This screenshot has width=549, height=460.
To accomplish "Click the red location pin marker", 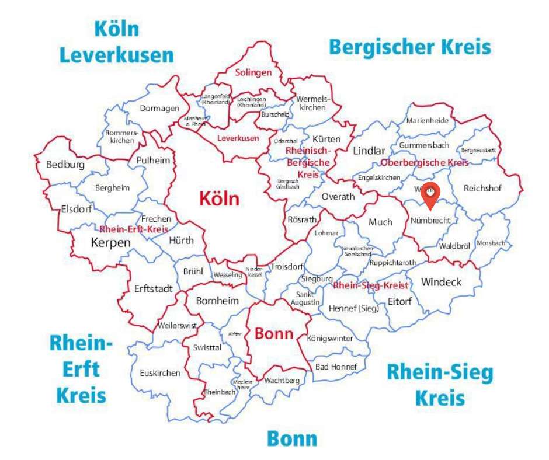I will (x=430, y=194).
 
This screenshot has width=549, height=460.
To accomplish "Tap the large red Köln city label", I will (x=219, y=199).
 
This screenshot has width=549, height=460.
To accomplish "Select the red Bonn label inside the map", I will (x=274, y=334).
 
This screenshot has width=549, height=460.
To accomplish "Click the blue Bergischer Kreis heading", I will (x=409, y=46).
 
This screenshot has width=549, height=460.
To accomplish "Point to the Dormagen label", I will (x=159, y=108).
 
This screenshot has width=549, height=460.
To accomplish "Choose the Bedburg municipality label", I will (x=65, y=165).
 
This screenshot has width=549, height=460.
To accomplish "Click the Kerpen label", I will (x=110, y=242).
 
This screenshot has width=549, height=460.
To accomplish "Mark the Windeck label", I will (x=441, y=282).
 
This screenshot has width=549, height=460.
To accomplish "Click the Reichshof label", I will (x=483, y=188).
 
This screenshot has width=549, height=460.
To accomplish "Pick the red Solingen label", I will (x=253, y=73).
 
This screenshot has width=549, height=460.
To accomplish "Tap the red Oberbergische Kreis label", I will (x=424, y=162).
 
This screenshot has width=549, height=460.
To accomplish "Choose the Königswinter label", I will (x=330, y=339).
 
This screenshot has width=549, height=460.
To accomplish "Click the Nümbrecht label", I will (x=431, y=221).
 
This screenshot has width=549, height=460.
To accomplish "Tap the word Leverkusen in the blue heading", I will (x=117, y=55).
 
